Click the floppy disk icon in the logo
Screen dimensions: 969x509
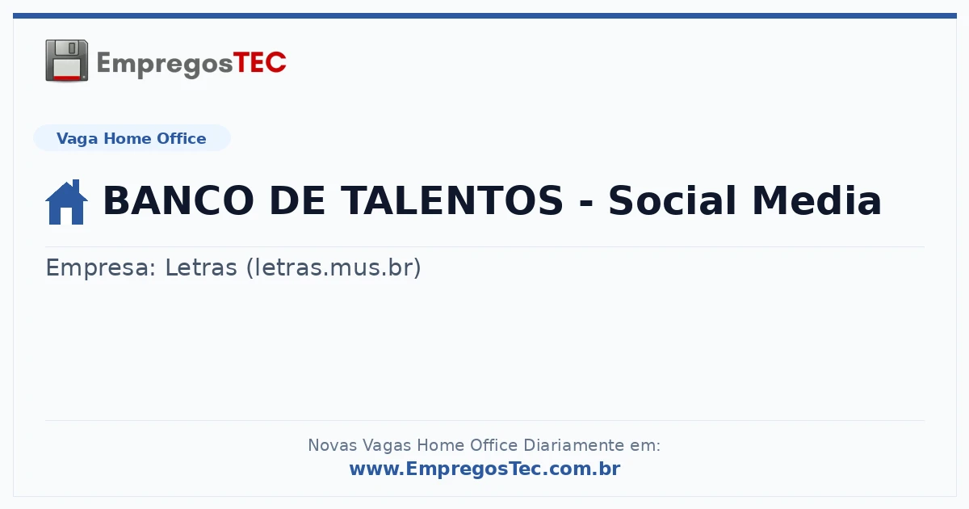click(x=66, y=61)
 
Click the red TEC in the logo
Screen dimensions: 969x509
click(x=259, y=63)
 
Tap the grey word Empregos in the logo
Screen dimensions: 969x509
click(x=165, y=65)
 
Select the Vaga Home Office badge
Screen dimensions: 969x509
click(x=132, y=138)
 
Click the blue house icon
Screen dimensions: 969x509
click(x=66, y=202)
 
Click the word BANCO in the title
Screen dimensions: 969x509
click(x=178, y=200)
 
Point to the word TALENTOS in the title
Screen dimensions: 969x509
click(x=452, y=200)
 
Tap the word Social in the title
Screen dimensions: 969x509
click(x=672, y=200)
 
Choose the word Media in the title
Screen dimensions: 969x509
click(x=816, y=200)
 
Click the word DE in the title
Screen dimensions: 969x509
click(x=297, y=200)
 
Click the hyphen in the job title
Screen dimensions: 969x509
click(x=585, y=203)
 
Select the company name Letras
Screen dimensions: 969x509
click(x=201, y=267)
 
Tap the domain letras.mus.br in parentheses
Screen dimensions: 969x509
click(x=333, y=267)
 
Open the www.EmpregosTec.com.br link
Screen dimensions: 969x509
click(x=485, y=469)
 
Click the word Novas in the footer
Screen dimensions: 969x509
click(x=333, y=445)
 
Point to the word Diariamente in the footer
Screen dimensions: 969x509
click(x=573, y=445)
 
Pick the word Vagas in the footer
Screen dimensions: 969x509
click(x=387, y=446)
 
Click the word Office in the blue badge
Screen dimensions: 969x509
click(x=181, y=138)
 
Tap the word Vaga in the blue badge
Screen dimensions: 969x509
click(x=78, y=139)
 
